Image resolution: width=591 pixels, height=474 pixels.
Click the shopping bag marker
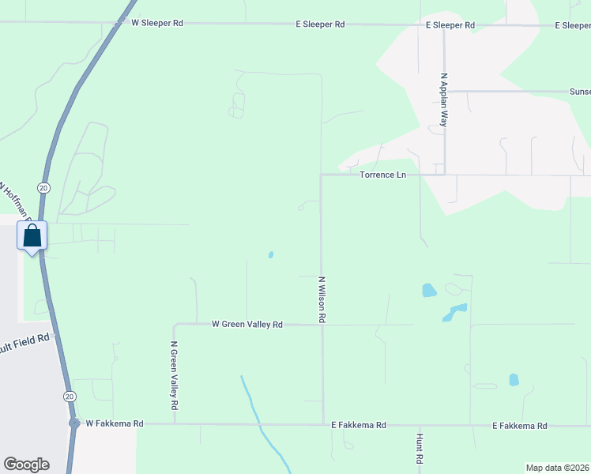32,236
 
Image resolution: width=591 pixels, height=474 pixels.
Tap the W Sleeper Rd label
156,24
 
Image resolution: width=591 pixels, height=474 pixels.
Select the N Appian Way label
444,100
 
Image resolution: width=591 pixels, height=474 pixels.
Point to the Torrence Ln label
382,175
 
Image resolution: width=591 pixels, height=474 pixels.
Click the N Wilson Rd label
322,299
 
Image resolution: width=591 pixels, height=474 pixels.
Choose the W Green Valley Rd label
247,324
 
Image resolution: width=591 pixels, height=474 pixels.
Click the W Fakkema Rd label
115,424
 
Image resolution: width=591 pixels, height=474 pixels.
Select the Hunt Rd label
420,447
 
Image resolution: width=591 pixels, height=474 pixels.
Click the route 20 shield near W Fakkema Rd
70,395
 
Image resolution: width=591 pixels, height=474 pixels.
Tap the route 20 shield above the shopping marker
43,187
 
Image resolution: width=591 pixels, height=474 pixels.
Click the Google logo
26,465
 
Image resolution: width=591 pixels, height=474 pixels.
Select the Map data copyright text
557,468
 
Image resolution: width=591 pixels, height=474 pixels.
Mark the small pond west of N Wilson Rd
271,254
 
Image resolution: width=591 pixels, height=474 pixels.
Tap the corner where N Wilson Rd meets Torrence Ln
321,175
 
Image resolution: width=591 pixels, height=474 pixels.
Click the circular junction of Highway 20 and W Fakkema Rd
74,423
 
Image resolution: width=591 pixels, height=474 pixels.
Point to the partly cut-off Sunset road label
580,92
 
